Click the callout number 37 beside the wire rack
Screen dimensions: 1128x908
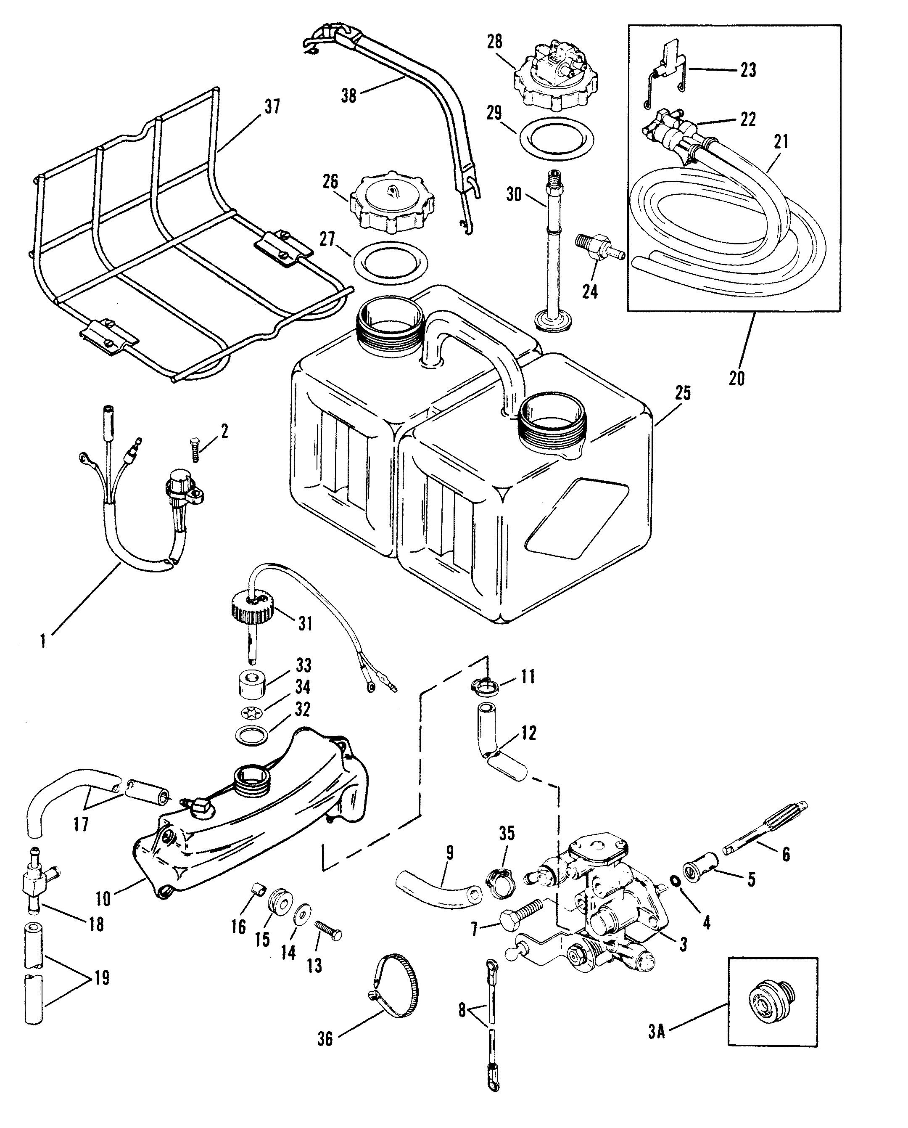click(x=272, y=107)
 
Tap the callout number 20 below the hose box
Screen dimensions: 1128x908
click(x=736, y=378)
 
